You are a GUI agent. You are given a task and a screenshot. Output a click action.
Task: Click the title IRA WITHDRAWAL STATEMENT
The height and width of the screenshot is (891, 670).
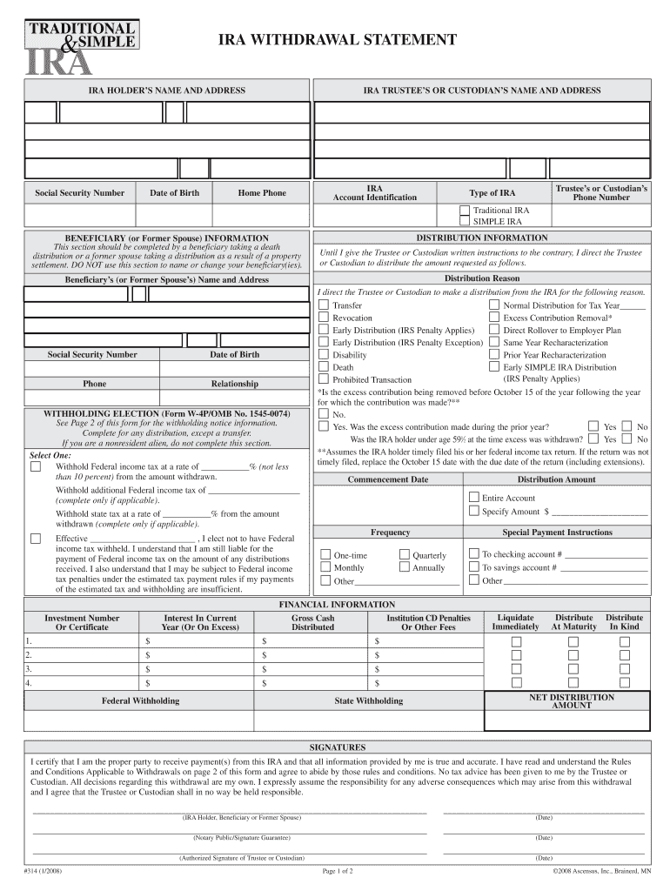click(x=336, y=40)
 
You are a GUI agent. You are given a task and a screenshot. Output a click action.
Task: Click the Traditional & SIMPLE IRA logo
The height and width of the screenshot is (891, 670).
click(x=78, y=44)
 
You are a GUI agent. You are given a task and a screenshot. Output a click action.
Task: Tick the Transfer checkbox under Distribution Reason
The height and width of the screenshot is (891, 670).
click(x=324, y=306)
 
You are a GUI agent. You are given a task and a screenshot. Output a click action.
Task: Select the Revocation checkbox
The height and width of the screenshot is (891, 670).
click(x=324, y=318)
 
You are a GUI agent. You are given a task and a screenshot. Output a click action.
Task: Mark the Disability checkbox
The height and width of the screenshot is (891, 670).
click(x=324, y=355)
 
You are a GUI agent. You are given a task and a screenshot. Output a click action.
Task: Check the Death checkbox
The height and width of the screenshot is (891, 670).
click(x=324, y=367)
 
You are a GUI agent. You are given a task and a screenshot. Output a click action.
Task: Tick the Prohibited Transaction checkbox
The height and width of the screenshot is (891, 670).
click(x=324, y=379)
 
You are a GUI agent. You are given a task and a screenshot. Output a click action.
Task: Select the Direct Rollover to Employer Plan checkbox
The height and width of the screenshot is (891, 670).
click(x=494, y=331)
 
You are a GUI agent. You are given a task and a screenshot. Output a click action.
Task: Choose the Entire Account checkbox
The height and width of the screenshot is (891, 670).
click(x=473, y=498)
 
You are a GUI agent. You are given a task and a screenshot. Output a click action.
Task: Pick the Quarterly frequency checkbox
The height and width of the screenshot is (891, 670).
click(x=404, y=555)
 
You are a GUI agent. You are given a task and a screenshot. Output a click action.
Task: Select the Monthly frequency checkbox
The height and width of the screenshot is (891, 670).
click(x=325, y=567)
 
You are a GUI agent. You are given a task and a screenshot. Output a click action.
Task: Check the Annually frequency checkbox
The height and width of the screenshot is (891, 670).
click(x=404, y=567)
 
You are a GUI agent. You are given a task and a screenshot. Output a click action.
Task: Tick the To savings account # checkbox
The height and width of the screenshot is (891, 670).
click(x=473, y=567)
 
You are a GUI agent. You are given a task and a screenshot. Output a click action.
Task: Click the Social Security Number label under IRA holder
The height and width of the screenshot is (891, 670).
click(x=79, y=193)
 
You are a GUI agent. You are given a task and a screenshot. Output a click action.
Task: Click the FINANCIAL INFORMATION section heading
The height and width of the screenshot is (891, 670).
click(x=336, y=604)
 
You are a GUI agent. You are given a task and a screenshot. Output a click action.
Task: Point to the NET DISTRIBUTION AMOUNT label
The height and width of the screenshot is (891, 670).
click(x=571, y=701)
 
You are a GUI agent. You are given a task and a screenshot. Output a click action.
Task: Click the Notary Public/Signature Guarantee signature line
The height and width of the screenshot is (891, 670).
click(x=230, y=833)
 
